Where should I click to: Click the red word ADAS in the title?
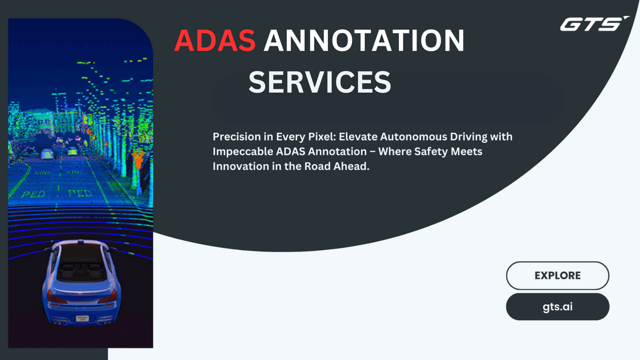tap(215, 41)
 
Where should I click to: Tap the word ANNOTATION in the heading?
tap(364, 41)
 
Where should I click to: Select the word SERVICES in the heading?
tap(319, 82)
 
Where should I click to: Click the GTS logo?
tap(595, 23)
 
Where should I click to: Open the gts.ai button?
tap(557, 307)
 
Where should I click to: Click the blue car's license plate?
tap(82, 318)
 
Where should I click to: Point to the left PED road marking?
tap(34, 195)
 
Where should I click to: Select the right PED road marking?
tap(81, 194)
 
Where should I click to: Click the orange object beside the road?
tap(138, 159)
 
